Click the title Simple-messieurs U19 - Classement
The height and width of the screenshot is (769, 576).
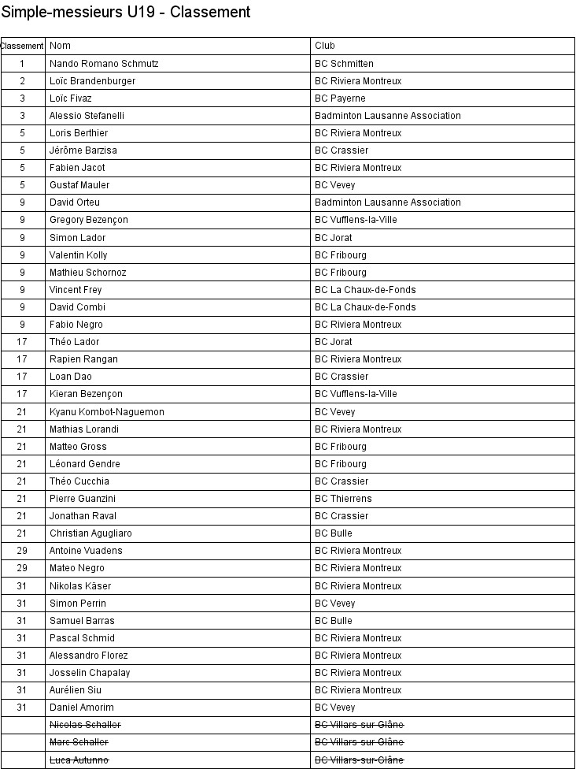pyautogui.click(x=126, y=12)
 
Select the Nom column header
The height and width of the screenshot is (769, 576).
pyautogui.click(x=61, y=46)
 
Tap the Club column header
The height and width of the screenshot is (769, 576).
pyautogui.click(x=325, y=46)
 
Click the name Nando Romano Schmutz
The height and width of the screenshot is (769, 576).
pyautogui.click(x=104, y=64)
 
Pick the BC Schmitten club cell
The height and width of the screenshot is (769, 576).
pyautogui.click(x=344, y=64)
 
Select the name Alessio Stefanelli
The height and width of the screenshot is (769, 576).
pyautogui.click(x=87, y=116)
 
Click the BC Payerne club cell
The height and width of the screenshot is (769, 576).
pyautogui.click(x=340, y=98)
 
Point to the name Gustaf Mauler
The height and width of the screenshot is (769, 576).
pyautogui.click(x=79, y=185)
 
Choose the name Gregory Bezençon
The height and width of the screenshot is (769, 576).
pyautogui.click(x=88, y=220)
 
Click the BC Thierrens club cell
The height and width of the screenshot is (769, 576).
pyautogui.click(x=343, y=499)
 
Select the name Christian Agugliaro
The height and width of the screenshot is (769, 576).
pyautogui.click(x=90, y=533)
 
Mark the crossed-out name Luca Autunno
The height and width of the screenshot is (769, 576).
pyautogui.click(x=79, y=760)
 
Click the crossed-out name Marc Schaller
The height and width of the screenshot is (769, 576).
pyautogui.click(x=79, y=742)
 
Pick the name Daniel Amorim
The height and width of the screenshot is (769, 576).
pyautogui.click(x=81, y=708)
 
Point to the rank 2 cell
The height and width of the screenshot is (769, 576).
pyautogui.click(x=23, y=81)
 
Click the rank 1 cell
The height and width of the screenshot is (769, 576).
pyautogui.click(x=23, y=64)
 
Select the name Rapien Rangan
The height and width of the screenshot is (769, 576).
pyautogui.click(x=83, y=359)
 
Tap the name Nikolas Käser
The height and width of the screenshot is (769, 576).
pyautogui.click(x=80, y=586)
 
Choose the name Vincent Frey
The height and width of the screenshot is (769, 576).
pyautogui.click(x=76, y=290)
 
